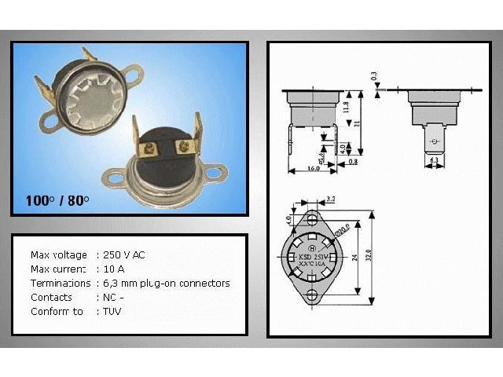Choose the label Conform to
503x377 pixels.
(x=57, y=312)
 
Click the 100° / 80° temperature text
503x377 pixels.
(x=57, y=200)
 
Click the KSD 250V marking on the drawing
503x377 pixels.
(x=313, y=256)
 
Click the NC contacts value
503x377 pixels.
(x=110, y=298)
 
